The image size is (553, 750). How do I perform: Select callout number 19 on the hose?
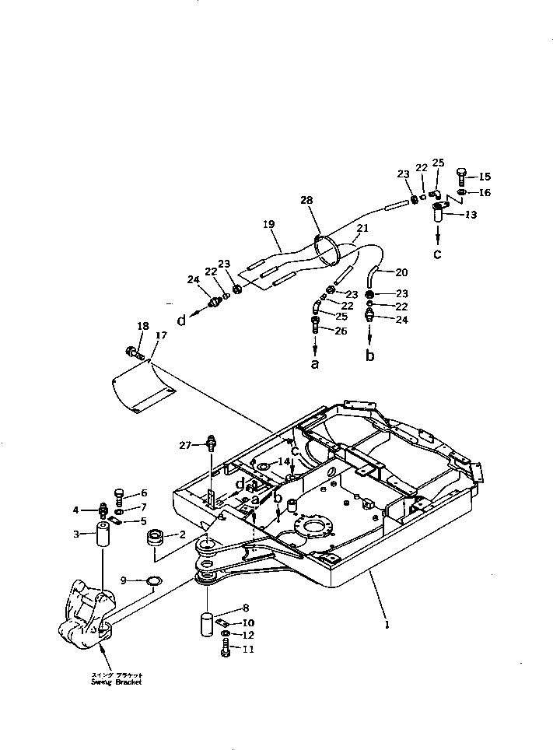point(269,225)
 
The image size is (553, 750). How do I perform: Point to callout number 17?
point(161,335)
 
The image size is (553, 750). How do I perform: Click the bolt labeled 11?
point(225,648)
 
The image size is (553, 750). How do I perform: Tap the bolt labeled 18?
point(137,354)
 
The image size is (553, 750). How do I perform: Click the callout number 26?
point(340,331)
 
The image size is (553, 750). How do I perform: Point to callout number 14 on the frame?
point(283,462)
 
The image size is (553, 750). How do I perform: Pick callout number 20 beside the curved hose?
point(401,272)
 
